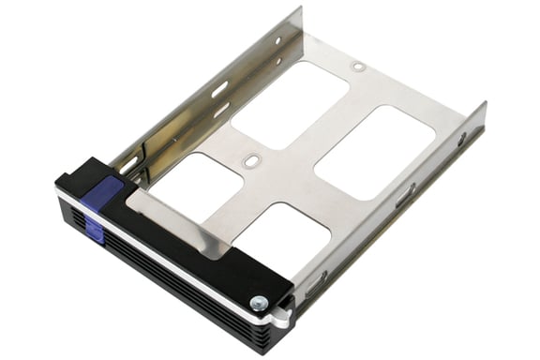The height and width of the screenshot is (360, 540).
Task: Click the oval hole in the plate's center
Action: tap(250, 161)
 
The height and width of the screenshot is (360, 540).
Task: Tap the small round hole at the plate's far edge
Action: tap(357, 67)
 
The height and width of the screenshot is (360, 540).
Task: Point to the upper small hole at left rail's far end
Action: tap(277, 40)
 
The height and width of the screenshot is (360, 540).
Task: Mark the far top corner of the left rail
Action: tap(301, 8)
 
